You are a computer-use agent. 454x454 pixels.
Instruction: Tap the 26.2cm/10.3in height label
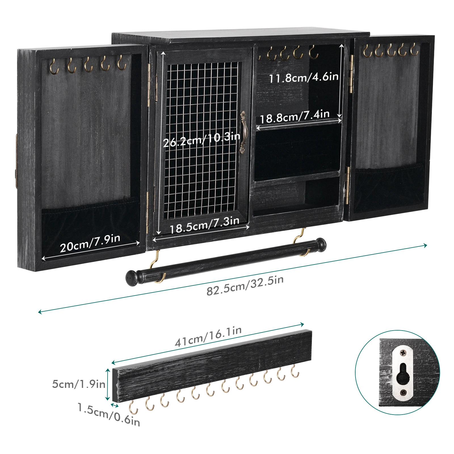(x=201, y=139)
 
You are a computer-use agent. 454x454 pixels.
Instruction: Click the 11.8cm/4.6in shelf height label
(x=304, y=77)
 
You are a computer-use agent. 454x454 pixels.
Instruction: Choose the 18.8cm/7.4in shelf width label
(x=295, y=116)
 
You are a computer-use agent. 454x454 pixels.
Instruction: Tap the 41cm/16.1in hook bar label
(x=208, y=337)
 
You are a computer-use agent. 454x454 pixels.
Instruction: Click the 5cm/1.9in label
(x=79, y=384)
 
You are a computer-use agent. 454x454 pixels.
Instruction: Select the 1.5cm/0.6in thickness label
(x=109, y=415)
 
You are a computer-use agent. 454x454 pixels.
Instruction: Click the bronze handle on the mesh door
(x=243, y=132)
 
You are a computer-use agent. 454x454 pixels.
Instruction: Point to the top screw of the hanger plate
(x=403, y=353)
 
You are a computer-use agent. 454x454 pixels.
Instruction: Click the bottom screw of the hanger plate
(x=403, y=393)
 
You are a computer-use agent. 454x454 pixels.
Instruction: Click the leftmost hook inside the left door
(x=54, y=67)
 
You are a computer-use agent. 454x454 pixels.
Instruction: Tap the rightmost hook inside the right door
(x=414, y=50)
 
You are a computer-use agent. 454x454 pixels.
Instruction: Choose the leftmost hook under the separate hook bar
(x=133, y=407)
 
